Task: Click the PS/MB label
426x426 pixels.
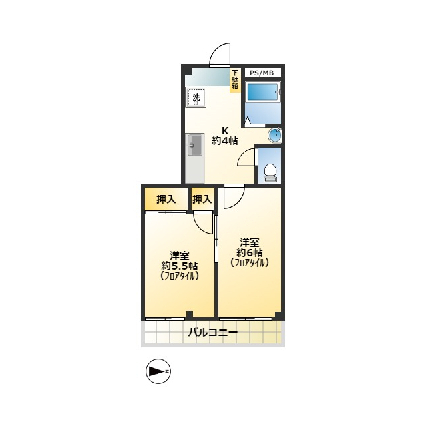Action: [x=262, y=73]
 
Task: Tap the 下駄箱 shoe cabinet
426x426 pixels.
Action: [x=235, y=80]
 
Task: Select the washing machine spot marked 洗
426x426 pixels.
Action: [x=196, y=97]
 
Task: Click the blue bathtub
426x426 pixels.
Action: [x=263, y=93]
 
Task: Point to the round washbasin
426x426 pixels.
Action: [x=274, y=135]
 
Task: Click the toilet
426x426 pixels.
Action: [x=270, y=173]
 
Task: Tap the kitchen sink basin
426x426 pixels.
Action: [x=195, y=145]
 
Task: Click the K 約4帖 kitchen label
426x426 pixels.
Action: [x=225, y=136]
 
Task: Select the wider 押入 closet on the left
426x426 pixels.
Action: [x=166, y=199]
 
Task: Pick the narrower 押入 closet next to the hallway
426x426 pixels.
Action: [x=202, y=199]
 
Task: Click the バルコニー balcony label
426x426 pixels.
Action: [x=213, y=332]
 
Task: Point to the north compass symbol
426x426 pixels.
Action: [x=158, y=371]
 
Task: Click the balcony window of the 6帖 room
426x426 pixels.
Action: [x=246, y=318]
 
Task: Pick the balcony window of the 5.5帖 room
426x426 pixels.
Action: [x=166, y=318]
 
